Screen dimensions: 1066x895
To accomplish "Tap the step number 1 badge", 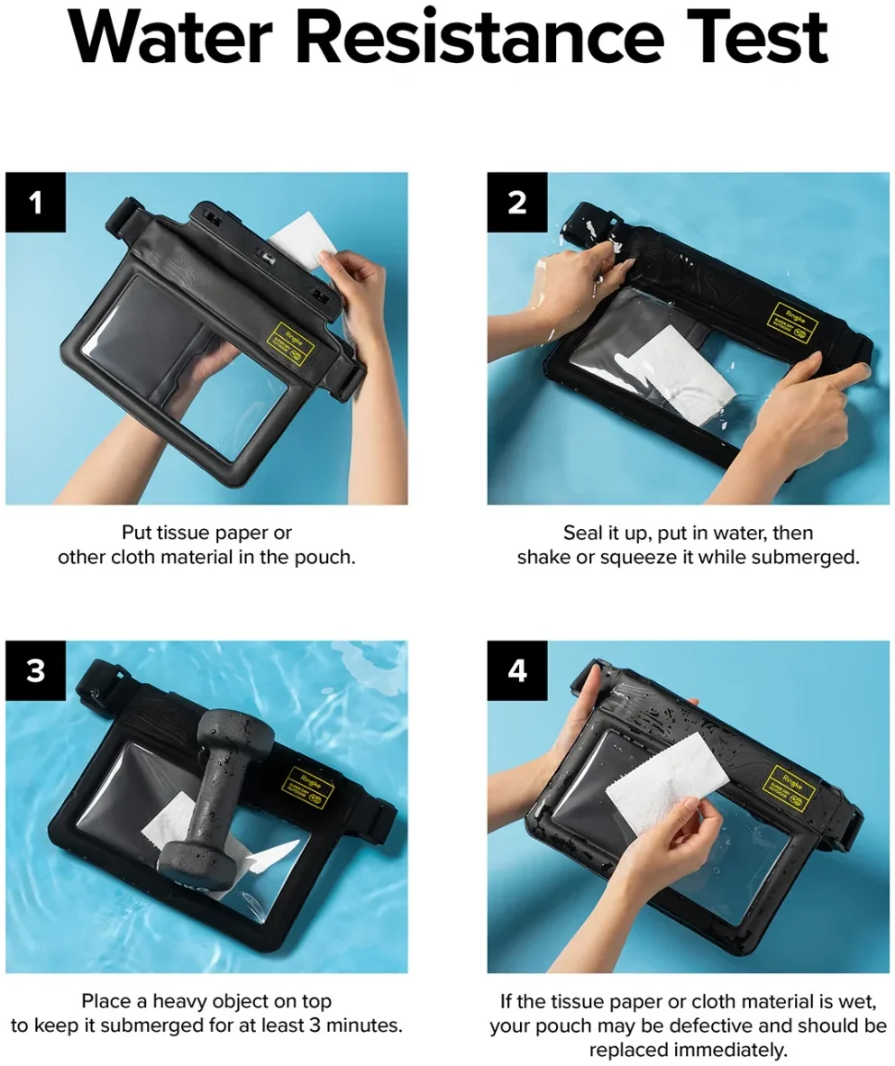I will [36, 203].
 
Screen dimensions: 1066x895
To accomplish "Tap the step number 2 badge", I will [517, 203].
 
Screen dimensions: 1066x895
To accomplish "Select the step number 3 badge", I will [36, 671].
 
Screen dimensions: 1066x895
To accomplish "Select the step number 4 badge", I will [517, 671].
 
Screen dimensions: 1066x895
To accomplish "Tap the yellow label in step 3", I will [306, 787].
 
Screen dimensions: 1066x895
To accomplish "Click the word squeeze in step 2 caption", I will [633, 557].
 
